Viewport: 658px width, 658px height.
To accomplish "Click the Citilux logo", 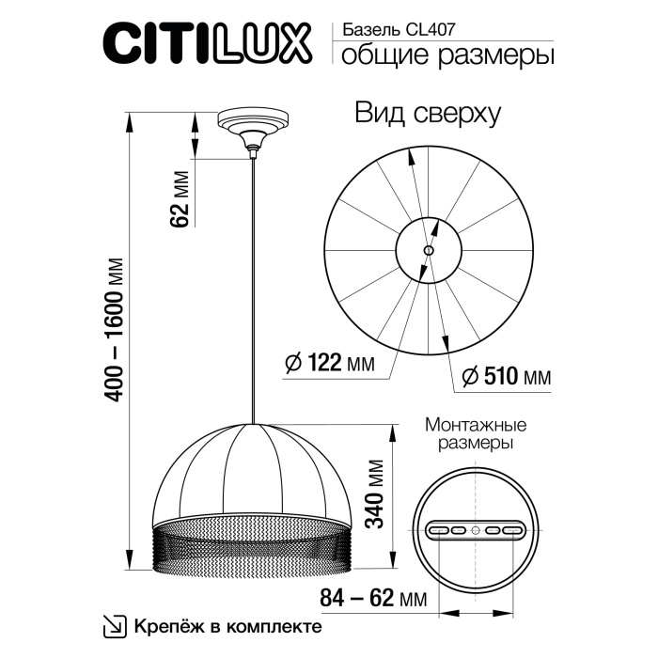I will (209, 45).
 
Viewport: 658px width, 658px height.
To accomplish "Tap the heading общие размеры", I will (446, 55).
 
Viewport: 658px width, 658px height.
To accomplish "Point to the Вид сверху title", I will (428, 115).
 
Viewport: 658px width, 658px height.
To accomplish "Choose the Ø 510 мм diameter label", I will (506, 378).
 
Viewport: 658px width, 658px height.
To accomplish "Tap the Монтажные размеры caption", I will (476, 433).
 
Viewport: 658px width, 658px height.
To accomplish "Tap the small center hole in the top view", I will (429, 251).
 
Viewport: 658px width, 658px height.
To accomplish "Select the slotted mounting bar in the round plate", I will (475, 530).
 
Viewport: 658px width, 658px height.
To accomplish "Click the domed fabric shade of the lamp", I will (252, 470).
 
